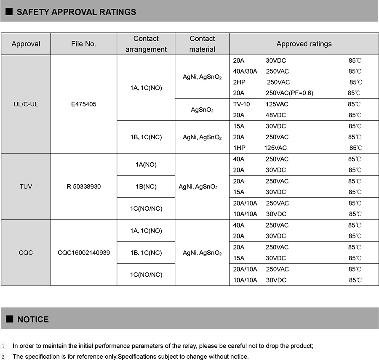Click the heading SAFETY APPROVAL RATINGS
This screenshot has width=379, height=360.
click(76, 12)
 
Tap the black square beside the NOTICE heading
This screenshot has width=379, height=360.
click(10, 319)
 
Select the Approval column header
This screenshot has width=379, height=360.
click(26, 44)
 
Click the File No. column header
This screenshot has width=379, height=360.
click(83, 44)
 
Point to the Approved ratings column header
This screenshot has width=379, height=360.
click(304, 44)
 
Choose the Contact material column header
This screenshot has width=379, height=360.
click(202, 44)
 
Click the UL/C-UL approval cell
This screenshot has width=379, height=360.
click(26, 104)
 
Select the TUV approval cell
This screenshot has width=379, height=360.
click(26, 186)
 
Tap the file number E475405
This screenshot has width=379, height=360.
click(83, 104)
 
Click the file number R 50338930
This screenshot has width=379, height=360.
click(83, 186)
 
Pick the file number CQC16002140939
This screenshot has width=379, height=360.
click(83, 253)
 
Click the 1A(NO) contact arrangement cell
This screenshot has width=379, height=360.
click(146, 164)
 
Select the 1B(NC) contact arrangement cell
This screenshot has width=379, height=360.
click(146, 186)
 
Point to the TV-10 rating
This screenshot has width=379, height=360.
click(241, 104)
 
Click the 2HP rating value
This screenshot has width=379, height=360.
click(238, 82)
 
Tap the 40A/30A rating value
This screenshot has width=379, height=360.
click(245, 71)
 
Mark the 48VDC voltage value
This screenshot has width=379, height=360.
click(276, 115)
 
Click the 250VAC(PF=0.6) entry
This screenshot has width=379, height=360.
click(289, 93)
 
